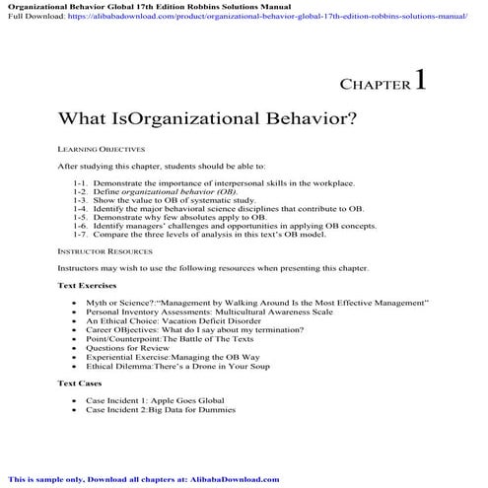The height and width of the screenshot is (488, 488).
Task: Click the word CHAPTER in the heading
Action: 375,87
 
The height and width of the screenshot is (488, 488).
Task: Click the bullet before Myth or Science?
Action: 75,302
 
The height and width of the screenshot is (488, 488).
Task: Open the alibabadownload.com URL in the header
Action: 256,17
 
